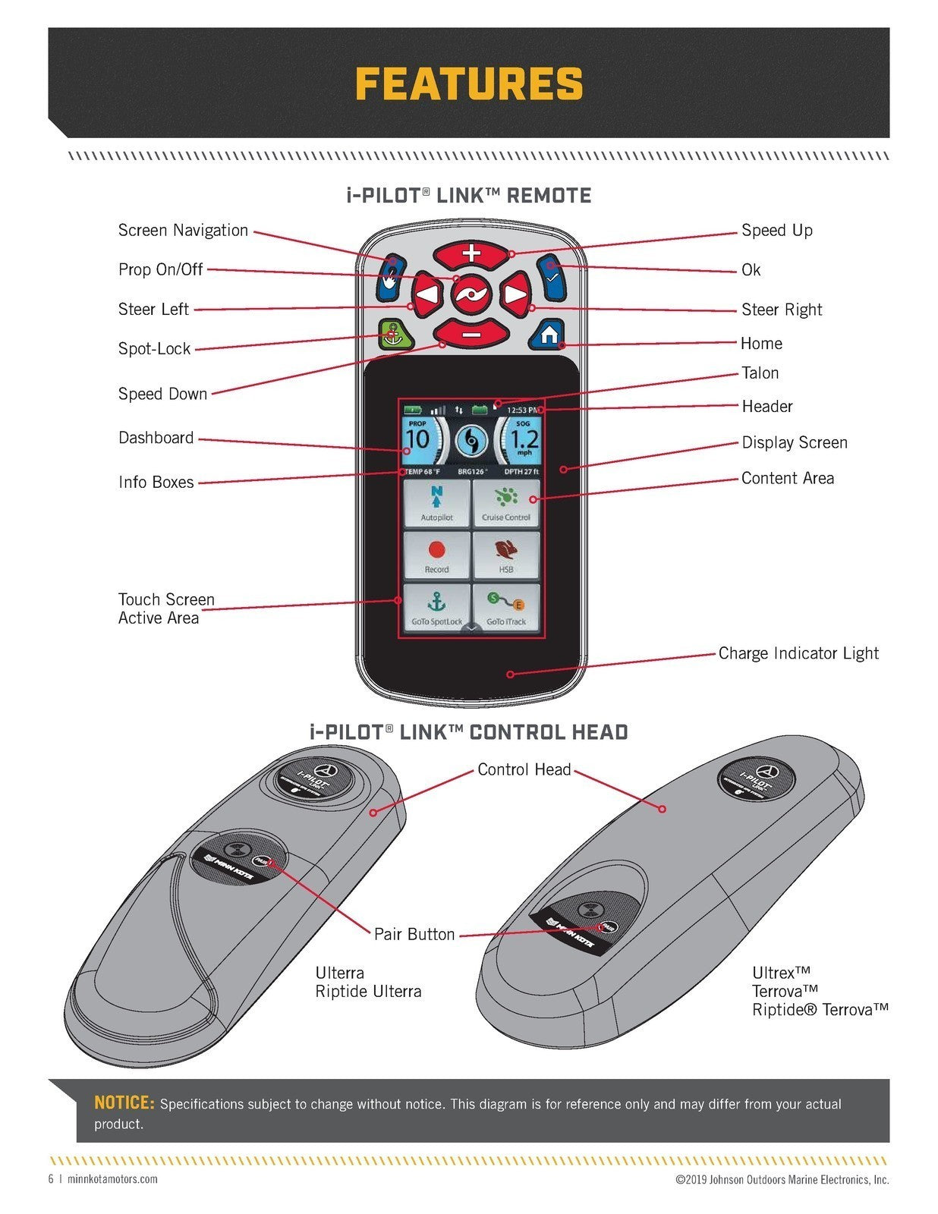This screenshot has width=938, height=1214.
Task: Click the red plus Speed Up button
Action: point(471,254)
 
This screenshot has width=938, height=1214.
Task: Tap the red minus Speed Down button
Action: point(471,332)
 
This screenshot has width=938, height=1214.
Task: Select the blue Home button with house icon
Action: point(549,334)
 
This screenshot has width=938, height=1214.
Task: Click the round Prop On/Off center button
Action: point(471,294)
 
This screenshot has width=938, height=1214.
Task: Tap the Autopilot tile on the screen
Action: point(436,504)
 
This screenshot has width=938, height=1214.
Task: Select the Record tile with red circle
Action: point(436,555)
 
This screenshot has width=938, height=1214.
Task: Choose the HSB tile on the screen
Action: point(506,555)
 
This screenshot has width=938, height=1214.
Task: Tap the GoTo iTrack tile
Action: point(506,607)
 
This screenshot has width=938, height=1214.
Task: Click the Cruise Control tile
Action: point(506,504)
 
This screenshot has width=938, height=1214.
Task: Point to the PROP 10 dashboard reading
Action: point(417,439)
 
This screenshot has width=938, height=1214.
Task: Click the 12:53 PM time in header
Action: point(523,410)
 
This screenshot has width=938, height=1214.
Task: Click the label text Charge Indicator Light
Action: point(798,653)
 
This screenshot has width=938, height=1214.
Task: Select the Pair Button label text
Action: point(414,934)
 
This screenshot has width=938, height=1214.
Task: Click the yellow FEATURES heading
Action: point(469,83)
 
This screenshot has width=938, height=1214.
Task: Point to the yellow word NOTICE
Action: point(124,1103)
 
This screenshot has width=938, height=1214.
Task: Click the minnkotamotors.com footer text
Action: point(112,1179)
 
